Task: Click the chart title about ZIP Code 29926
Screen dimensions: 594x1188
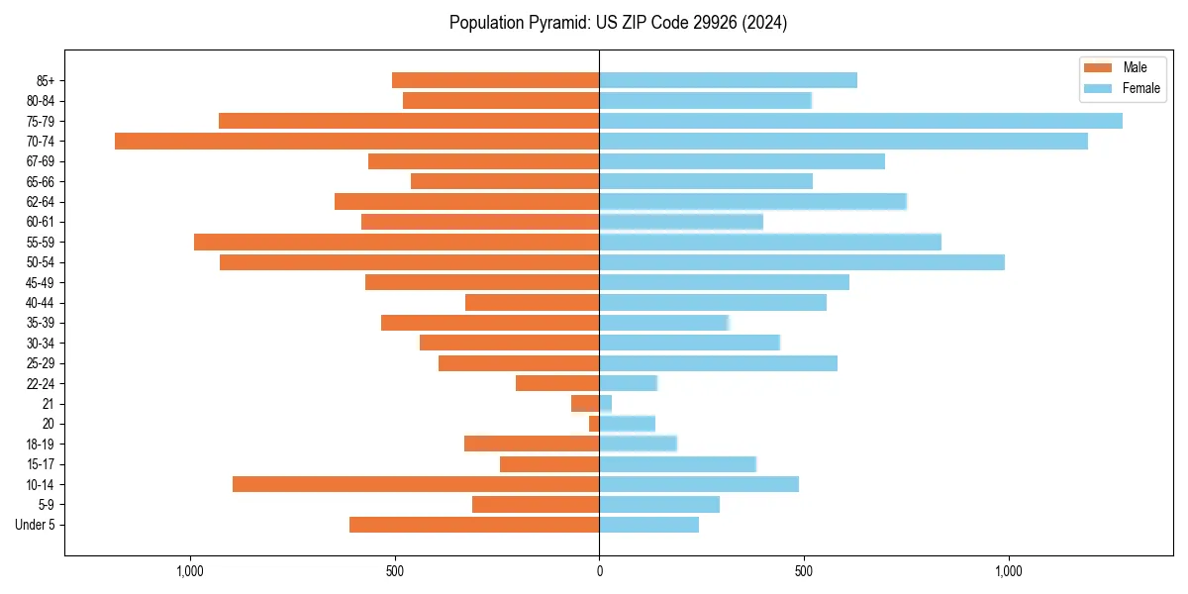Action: click(618, 23)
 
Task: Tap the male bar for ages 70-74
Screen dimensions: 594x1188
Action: click(356, 141)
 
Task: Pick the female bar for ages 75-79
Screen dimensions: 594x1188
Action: click(860, 121)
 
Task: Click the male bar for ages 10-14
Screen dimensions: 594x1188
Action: click(416, 484)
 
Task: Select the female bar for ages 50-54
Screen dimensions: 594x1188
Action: click(802, 262)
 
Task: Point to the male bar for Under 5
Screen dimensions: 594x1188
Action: click(474, 525)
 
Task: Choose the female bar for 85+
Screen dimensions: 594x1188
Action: click(728, 80)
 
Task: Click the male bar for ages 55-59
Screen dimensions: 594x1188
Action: click(396, 242)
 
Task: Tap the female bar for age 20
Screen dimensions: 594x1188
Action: click(627, 424)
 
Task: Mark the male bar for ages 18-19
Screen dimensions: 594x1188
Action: click(532, 444)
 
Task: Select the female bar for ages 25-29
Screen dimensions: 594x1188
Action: click(718, 363)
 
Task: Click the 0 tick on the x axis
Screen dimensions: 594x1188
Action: click(599, 571)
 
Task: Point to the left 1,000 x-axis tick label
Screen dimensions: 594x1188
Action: click(189, 571)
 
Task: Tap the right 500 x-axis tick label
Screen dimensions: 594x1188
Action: click(804, 571)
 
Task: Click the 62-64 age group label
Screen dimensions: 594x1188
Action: click(41, 202)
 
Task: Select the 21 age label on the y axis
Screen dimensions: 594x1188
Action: click(49, 404)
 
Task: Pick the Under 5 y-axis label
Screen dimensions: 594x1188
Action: click(35, 525)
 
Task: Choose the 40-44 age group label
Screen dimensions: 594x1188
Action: click(41, 303)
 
